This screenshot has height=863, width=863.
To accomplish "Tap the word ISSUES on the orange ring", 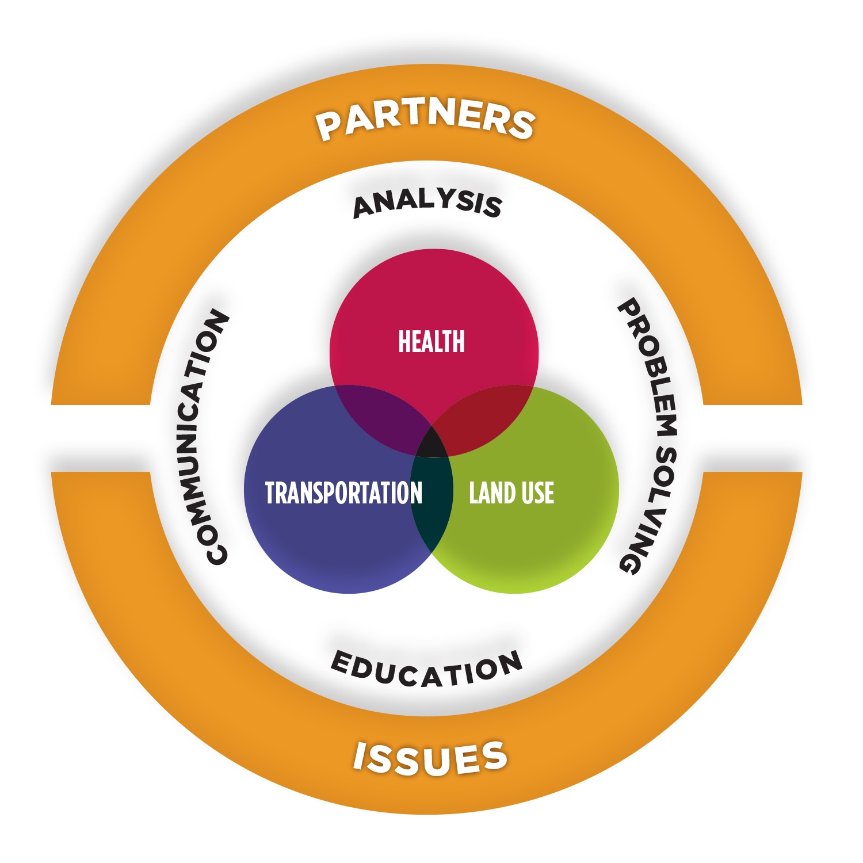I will (430, 758).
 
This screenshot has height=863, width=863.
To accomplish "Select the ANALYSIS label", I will (427, 204).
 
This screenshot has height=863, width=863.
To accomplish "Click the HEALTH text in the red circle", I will (431, 341).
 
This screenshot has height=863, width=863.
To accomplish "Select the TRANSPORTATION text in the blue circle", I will (343, 493).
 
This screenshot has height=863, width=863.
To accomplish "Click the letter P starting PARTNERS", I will (330, 127).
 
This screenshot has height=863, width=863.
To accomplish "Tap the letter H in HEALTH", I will (404, 341).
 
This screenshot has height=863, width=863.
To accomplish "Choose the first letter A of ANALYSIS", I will (365, 208).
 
